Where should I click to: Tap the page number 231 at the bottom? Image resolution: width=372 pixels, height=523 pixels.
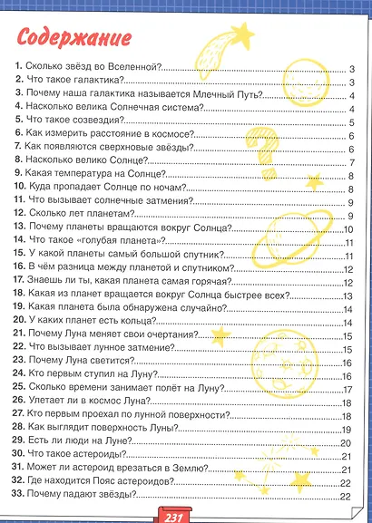pyautogui.click(x=175, y=516)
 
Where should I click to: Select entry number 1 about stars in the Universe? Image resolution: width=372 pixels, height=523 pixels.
pyautogui.click(x=91, y=69)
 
